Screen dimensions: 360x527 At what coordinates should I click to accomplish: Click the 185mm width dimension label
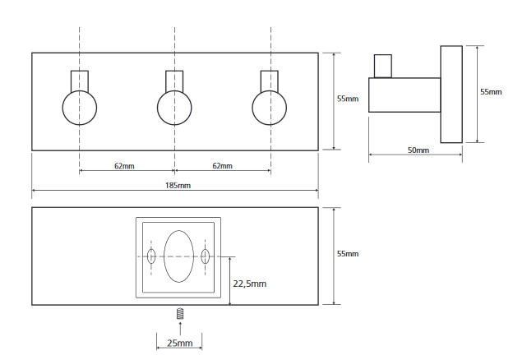coord(178,187)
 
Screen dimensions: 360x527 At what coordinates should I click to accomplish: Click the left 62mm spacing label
coord(126,166)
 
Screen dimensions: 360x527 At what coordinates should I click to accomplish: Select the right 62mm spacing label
coord(221,166)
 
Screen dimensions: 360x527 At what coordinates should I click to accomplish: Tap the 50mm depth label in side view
coord(418,150)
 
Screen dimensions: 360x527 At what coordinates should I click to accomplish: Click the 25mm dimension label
coord(179,343)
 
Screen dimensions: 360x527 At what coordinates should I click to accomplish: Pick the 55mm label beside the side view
coord(491,92)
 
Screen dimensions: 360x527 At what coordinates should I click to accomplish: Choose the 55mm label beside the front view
coord(347,99)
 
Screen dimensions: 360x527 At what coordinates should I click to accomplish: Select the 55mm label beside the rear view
coord(347,254)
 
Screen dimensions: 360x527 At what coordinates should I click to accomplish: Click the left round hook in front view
coord(80,108)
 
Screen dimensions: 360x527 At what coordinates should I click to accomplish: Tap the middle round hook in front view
coord(174,108)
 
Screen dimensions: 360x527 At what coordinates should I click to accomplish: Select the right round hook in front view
coord(270,108)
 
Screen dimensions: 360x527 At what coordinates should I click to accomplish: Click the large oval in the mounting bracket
coord(178,256)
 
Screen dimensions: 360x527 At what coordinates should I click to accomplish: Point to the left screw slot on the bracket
coord(151,256)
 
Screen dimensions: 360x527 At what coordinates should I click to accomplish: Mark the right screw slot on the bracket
coord(206,256)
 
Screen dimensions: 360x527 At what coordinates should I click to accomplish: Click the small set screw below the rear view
coord(180,313)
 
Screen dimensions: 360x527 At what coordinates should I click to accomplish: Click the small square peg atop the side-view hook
coord(382,67)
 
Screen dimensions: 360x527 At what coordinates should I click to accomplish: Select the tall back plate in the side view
coord(450,95)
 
